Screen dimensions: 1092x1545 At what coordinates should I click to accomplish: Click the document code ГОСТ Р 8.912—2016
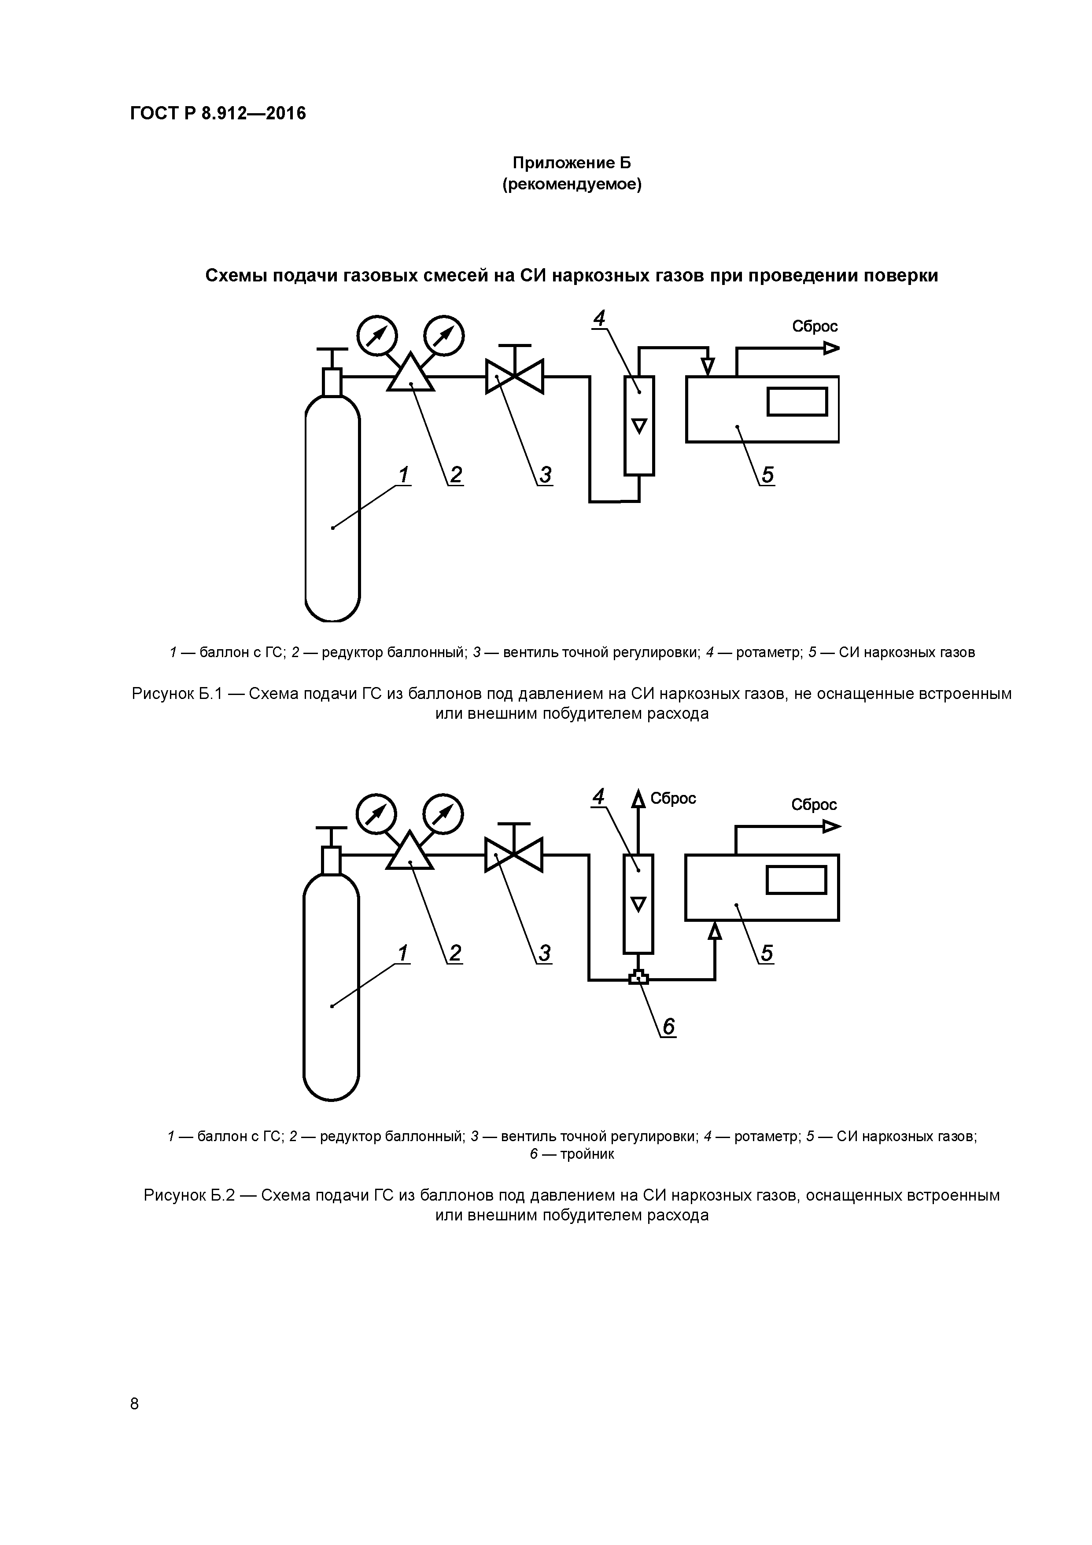coord(218,113)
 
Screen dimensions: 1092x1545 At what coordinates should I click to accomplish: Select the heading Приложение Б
coord(572,163)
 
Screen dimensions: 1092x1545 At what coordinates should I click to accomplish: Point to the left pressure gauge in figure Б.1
coord(377,335)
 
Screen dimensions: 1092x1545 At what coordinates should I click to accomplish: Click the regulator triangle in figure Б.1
coord(410,374)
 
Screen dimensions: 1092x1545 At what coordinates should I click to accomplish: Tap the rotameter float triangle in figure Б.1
coord(639,426)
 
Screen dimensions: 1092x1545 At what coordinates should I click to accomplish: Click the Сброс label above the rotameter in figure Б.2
coord(673,799)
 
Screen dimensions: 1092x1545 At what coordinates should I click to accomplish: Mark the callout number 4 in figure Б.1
coord(599,318)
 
